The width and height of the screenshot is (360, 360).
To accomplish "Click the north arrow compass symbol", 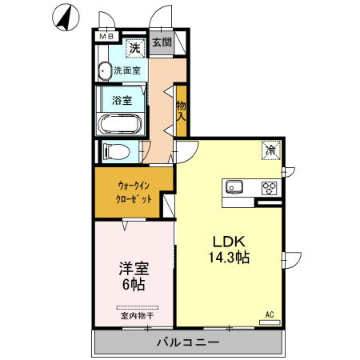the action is (66, 18).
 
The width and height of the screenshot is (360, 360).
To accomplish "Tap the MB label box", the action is (106, 36).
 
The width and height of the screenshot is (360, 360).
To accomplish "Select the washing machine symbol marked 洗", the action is (135, 48).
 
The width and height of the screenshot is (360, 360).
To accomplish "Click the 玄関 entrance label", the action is (162, 42).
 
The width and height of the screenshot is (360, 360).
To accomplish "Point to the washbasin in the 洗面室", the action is (104, 71).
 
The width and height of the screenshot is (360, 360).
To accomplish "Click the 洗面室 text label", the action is (127, 70).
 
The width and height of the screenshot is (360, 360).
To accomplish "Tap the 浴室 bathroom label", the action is (122, 101).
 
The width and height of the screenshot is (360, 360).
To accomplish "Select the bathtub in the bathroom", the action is (119, 124).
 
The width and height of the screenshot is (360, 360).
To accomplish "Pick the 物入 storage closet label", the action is (181, 111).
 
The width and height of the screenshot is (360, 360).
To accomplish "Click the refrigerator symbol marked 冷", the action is (271, 150).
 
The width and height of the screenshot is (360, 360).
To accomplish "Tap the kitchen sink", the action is (234, 186).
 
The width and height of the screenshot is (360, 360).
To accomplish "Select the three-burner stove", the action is (270, 188).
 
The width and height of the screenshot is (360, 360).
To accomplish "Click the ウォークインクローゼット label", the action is (134, 193).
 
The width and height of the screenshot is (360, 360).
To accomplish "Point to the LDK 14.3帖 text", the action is (229, 250).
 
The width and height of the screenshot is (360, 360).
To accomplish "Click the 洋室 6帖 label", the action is (134, 276).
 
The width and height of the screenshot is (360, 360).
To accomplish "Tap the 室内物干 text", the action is (137, 316).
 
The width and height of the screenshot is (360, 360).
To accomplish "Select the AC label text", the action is (270, 314).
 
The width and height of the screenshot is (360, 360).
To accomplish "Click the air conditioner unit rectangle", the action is (270, 322).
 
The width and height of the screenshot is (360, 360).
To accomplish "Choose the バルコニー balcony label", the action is (188, 342).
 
